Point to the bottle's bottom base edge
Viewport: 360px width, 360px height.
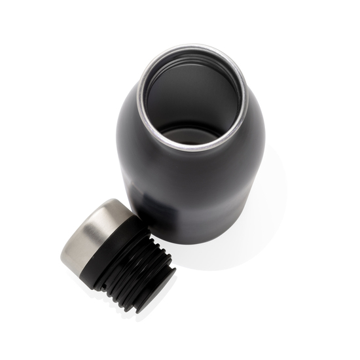coord(196,241)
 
